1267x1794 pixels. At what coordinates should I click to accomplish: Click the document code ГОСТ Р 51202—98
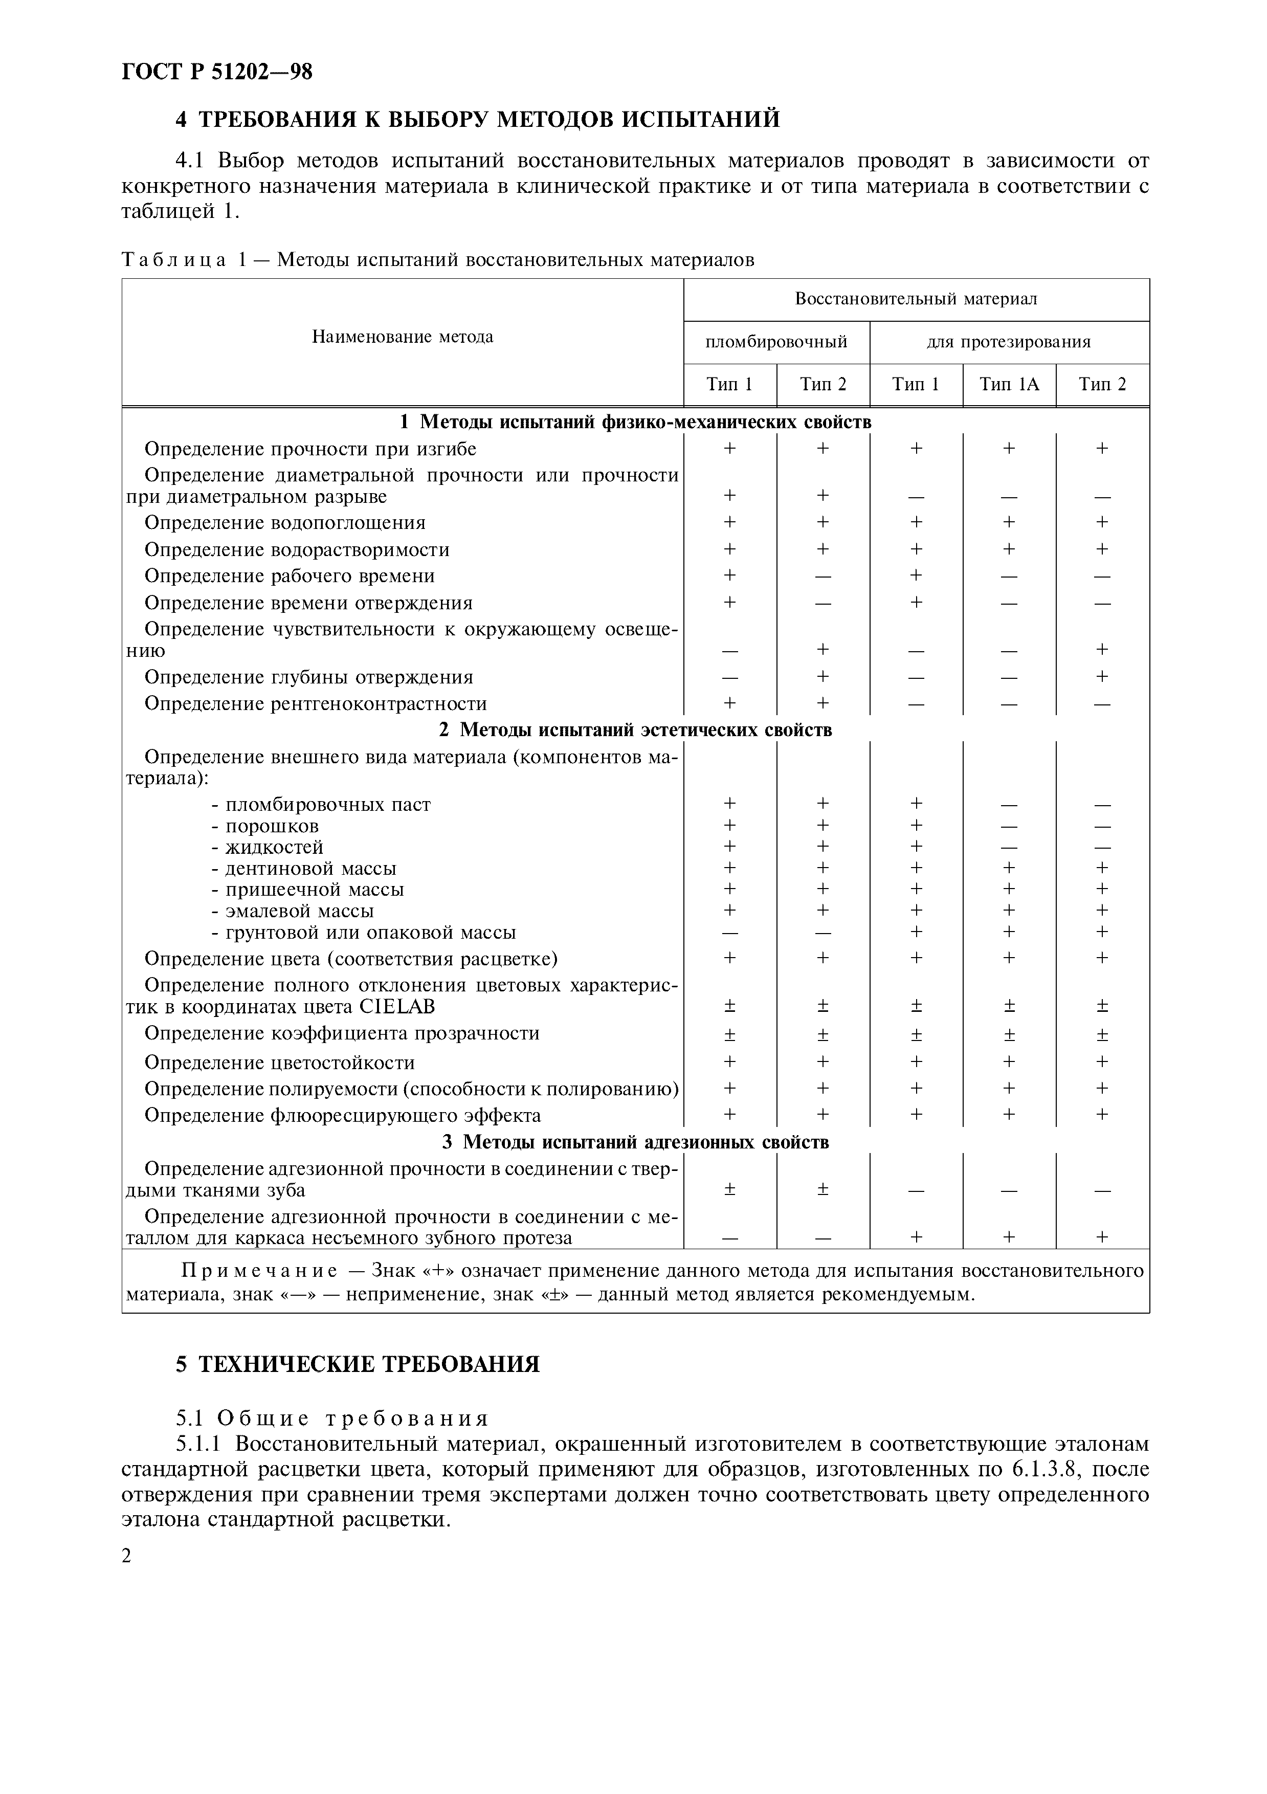tap(217, 72)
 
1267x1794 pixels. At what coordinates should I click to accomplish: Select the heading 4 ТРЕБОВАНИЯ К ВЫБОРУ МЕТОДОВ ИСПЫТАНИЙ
tap(477, 120)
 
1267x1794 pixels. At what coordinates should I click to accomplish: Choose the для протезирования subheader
tap(1009, 342)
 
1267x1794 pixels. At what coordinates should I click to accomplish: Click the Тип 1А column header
tap(1009, 385)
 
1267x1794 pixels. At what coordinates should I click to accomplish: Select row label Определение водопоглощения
tap(285, 523)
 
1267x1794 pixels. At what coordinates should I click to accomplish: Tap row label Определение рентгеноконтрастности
tap(316, 704)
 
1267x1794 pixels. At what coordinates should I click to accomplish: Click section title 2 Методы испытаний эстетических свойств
tap(635, 730)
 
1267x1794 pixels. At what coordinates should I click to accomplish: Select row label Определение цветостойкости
tap(280, 1062)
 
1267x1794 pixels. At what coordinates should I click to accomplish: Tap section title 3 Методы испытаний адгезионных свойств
tap(635, 1142)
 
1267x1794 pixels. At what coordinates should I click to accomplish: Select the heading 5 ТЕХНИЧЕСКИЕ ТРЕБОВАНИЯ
tap(357, 1364)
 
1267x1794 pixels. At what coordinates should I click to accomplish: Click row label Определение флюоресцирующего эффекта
tap(342, 1116)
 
